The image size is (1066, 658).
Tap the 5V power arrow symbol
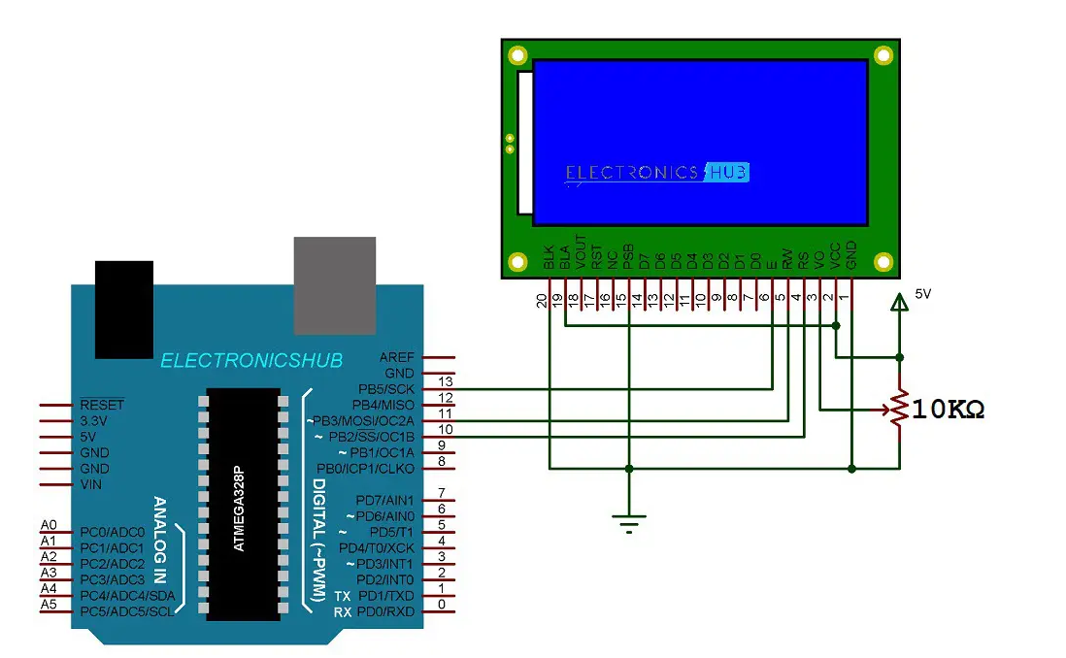(900, 304)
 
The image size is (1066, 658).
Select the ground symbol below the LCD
(629, 523)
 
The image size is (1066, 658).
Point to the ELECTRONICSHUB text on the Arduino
(251, 361)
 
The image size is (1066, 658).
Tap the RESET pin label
(102, 405)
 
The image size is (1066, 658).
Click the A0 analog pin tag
(49, 525)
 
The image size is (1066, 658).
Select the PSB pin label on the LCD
(628, 255)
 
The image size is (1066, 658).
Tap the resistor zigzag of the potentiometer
(900, 409)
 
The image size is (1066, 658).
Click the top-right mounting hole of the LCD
(883, 55)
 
